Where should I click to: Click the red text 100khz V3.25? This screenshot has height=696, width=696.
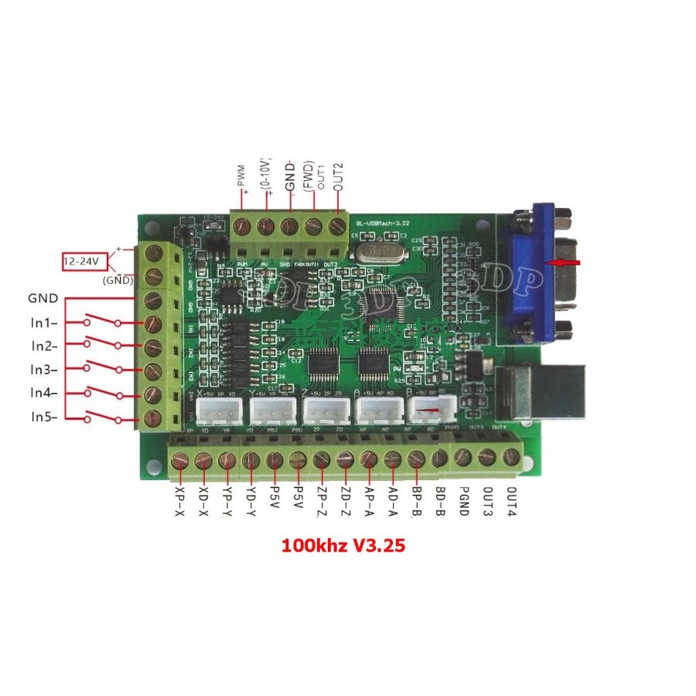(x=343, y=545)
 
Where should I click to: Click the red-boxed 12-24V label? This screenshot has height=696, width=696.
(x=81, y=261)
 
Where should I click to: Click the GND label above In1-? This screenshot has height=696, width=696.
(x=43, y=298)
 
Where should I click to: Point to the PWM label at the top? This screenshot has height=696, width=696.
(x=241, y=177)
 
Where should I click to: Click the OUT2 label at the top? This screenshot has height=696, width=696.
(x=337, y=177)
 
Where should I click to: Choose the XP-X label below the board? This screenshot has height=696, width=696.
(x=179, y=502)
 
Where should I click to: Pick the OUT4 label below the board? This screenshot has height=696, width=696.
(x=510, y=502)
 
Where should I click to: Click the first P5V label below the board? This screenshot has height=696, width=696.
(x=275, y=500)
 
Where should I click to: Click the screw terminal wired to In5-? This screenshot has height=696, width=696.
(x=153, y=418)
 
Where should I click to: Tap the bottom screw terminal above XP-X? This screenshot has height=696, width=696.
(x=180, y=462)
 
